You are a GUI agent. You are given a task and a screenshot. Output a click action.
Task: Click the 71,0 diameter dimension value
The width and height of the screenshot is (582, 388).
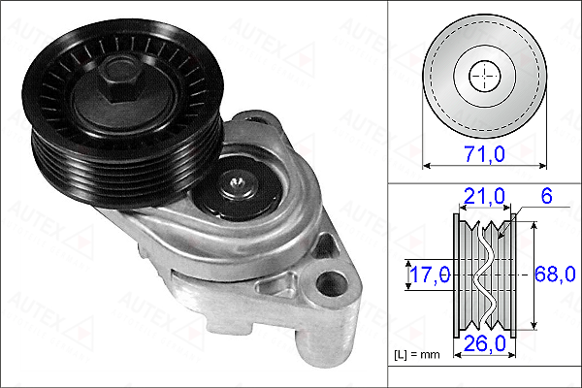(484, 153)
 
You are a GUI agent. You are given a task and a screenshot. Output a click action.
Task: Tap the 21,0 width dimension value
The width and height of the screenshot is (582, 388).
(484, 196)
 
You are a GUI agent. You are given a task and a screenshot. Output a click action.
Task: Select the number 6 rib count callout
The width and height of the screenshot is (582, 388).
(546, 196)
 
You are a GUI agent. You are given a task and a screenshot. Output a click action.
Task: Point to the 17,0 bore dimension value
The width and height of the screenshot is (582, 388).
(430, 275)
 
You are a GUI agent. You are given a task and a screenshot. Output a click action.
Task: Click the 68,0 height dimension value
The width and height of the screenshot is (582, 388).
(555, 275)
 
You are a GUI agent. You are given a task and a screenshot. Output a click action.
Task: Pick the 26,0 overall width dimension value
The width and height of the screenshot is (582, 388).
(485, 343)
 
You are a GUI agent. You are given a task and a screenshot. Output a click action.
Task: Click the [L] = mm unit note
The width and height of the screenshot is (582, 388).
(417, 355)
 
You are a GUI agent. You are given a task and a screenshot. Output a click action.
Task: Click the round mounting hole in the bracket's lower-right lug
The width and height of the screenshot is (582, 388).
(332, 283)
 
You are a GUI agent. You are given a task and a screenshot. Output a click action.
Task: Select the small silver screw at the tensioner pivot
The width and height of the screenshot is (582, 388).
(237, 182)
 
